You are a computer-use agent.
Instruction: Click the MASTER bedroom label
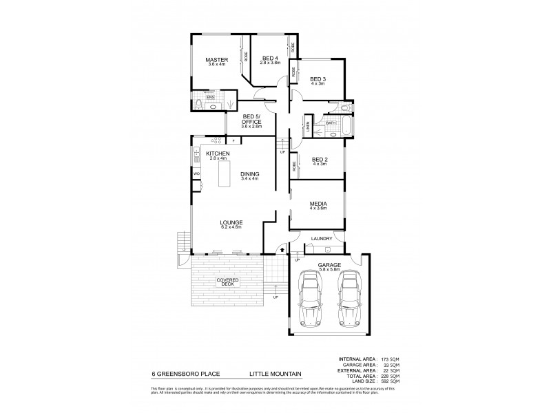(x=217, y=60)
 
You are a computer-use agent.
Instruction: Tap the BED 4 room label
(x=269, y=57)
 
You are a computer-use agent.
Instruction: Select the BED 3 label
(x=317, y=79)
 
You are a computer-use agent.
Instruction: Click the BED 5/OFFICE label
(x=251, y=119)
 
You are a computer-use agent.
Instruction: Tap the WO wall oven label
(x=196, y=174)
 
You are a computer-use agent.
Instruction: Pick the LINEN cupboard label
(x=306, y=128)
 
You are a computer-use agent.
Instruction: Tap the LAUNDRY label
(x=322, y=239)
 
